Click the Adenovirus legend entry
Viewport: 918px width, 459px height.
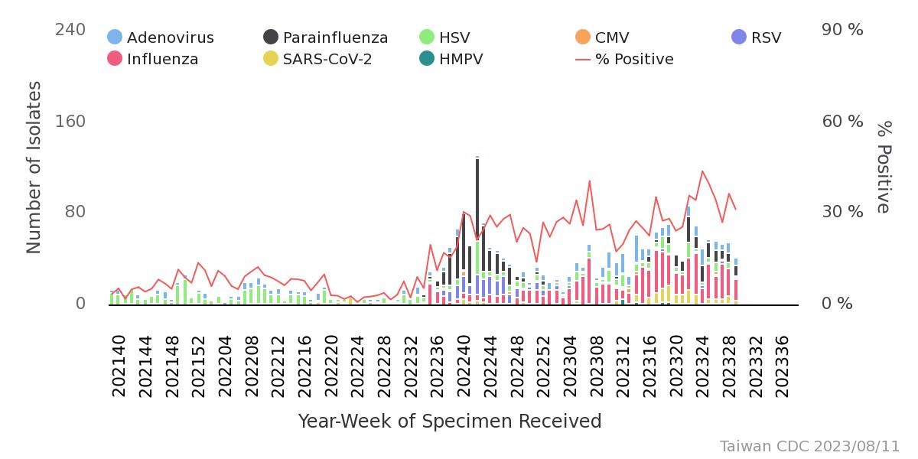pyautogui.click(x=161, y=37)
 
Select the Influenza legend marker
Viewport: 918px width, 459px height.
pyautogui.click(x=115, y=59)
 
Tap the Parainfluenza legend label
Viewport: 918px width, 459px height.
pyautogui.click(x=335, y=37)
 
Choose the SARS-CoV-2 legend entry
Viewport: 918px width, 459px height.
pyautogui.click(x=317, y=59)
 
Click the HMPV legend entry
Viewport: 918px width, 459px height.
pyautogui.click(x=451, y=59)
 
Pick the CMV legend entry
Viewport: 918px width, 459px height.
pyautogui.click(x=602, y=37)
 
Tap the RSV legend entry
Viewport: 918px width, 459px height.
pyautogui.click(x=756, y=37)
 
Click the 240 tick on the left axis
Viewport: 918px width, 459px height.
pyautogui.click(x=70, y=30)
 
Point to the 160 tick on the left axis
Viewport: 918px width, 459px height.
pyautogui.click(x=70, y=121)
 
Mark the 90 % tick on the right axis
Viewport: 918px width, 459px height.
pyautogui.click(x=842, y=30)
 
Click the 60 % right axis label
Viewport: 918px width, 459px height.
pyautogui.click(x=842, y=121)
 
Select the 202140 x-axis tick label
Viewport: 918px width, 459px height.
pyautogui.click(x=119, y=366)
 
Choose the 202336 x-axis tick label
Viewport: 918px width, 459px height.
pyautogui.click(x=783, y=366)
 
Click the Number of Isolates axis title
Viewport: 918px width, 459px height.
pyautogui.click(x=34, y=167)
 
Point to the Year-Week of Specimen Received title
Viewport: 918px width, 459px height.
pyautogui.click(x=449, y=422)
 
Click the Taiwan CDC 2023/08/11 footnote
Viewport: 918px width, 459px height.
pyautogui.click(x=809, y=446)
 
